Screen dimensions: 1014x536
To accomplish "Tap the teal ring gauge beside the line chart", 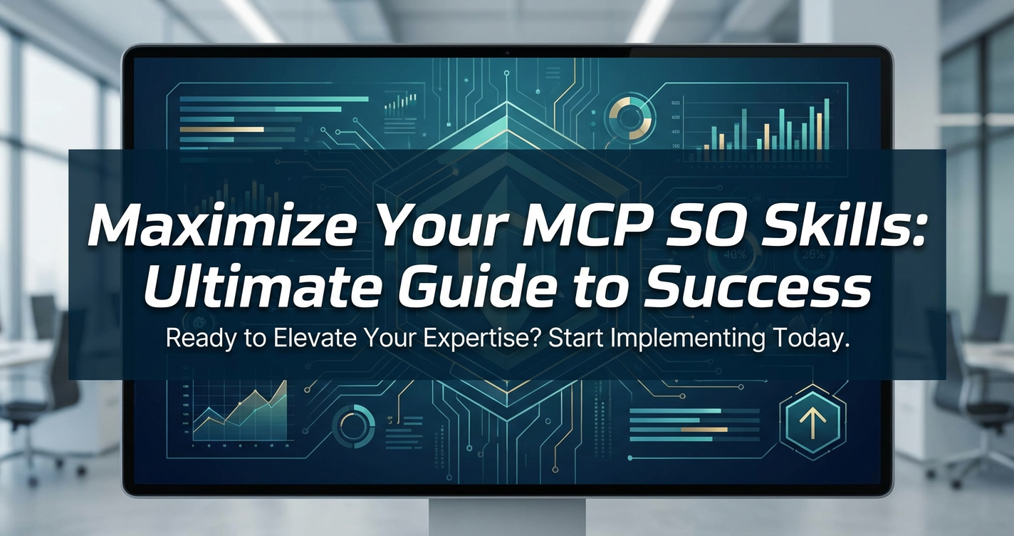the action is (352, 426).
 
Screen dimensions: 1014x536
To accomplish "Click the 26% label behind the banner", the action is (813, 254).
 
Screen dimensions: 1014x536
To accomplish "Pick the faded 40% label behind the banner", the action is (734, 254).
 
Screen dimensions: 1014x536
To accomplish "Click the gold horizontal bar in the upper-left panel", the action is (222, 130).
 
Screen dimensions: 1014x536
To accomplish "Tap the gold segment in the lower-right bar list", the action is (704, 429).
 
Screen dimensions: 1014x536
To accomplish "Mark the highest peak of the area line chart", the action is (286, 381).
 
